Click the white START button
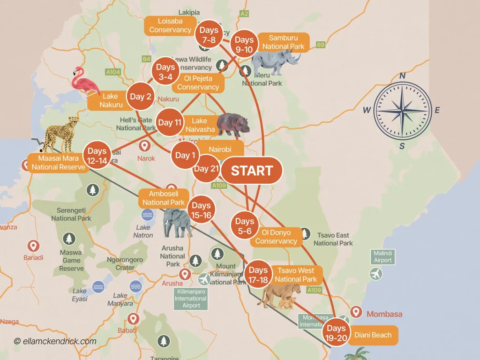pos(252,171)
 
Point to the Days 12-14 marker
pos(97,155)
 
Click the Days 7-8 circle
pos(208,35)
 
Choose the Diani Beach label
pos(373,335)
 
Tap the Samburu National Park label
pos(283,42)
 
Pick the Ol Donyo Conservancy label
pos(276,237)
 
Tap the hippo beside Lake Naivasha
pos(233,124)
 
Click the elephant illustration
pos(178,222)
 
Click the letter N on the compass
pos(402,76)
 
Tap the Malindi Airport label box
pos(382,256)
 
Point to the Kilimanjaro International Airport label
pos(191,299)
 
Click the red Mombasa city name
pos(384,314)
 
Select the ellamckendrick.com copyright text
pos(55,341)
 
